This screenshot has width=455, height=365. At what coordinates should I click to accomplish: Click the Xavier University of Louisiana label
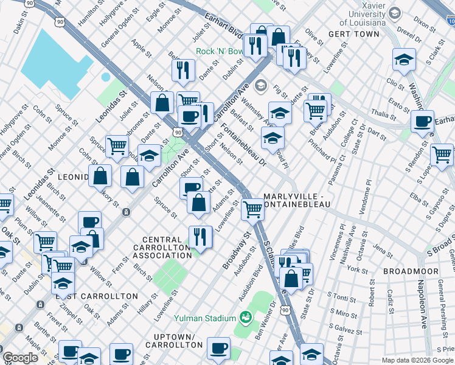click(x=368, y=18)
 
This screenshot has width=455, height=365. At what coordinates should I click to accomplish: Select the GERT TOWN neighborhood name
click(x=350, y=35)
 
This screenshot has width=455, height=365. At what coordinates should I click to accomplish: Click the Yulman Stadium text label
click(x=204, y=318)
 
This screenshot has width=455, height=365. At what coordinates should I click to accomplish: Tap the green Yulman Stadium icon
click(x=246, y=317)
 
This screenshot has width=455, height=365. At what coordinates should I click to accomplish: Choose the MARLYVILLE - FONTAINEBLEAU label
click(x=296, y=201)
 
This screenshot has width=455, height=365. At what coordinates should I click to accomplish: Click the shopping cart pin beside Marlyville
click(x=252, y=210)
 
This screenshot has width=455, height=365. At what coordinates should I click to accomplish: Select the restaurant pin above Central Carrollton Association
click(x=200, y=235)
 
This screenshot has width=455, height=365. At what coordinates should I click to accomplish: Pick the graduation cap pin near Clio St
click(x=404, y=60)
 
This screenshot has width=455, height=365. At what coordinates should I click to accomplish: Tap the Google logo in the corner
click(x=20, y=358)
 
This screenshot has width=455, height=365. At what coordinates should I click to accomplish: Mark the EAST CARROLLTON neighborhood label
click(x=97, y=296)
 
